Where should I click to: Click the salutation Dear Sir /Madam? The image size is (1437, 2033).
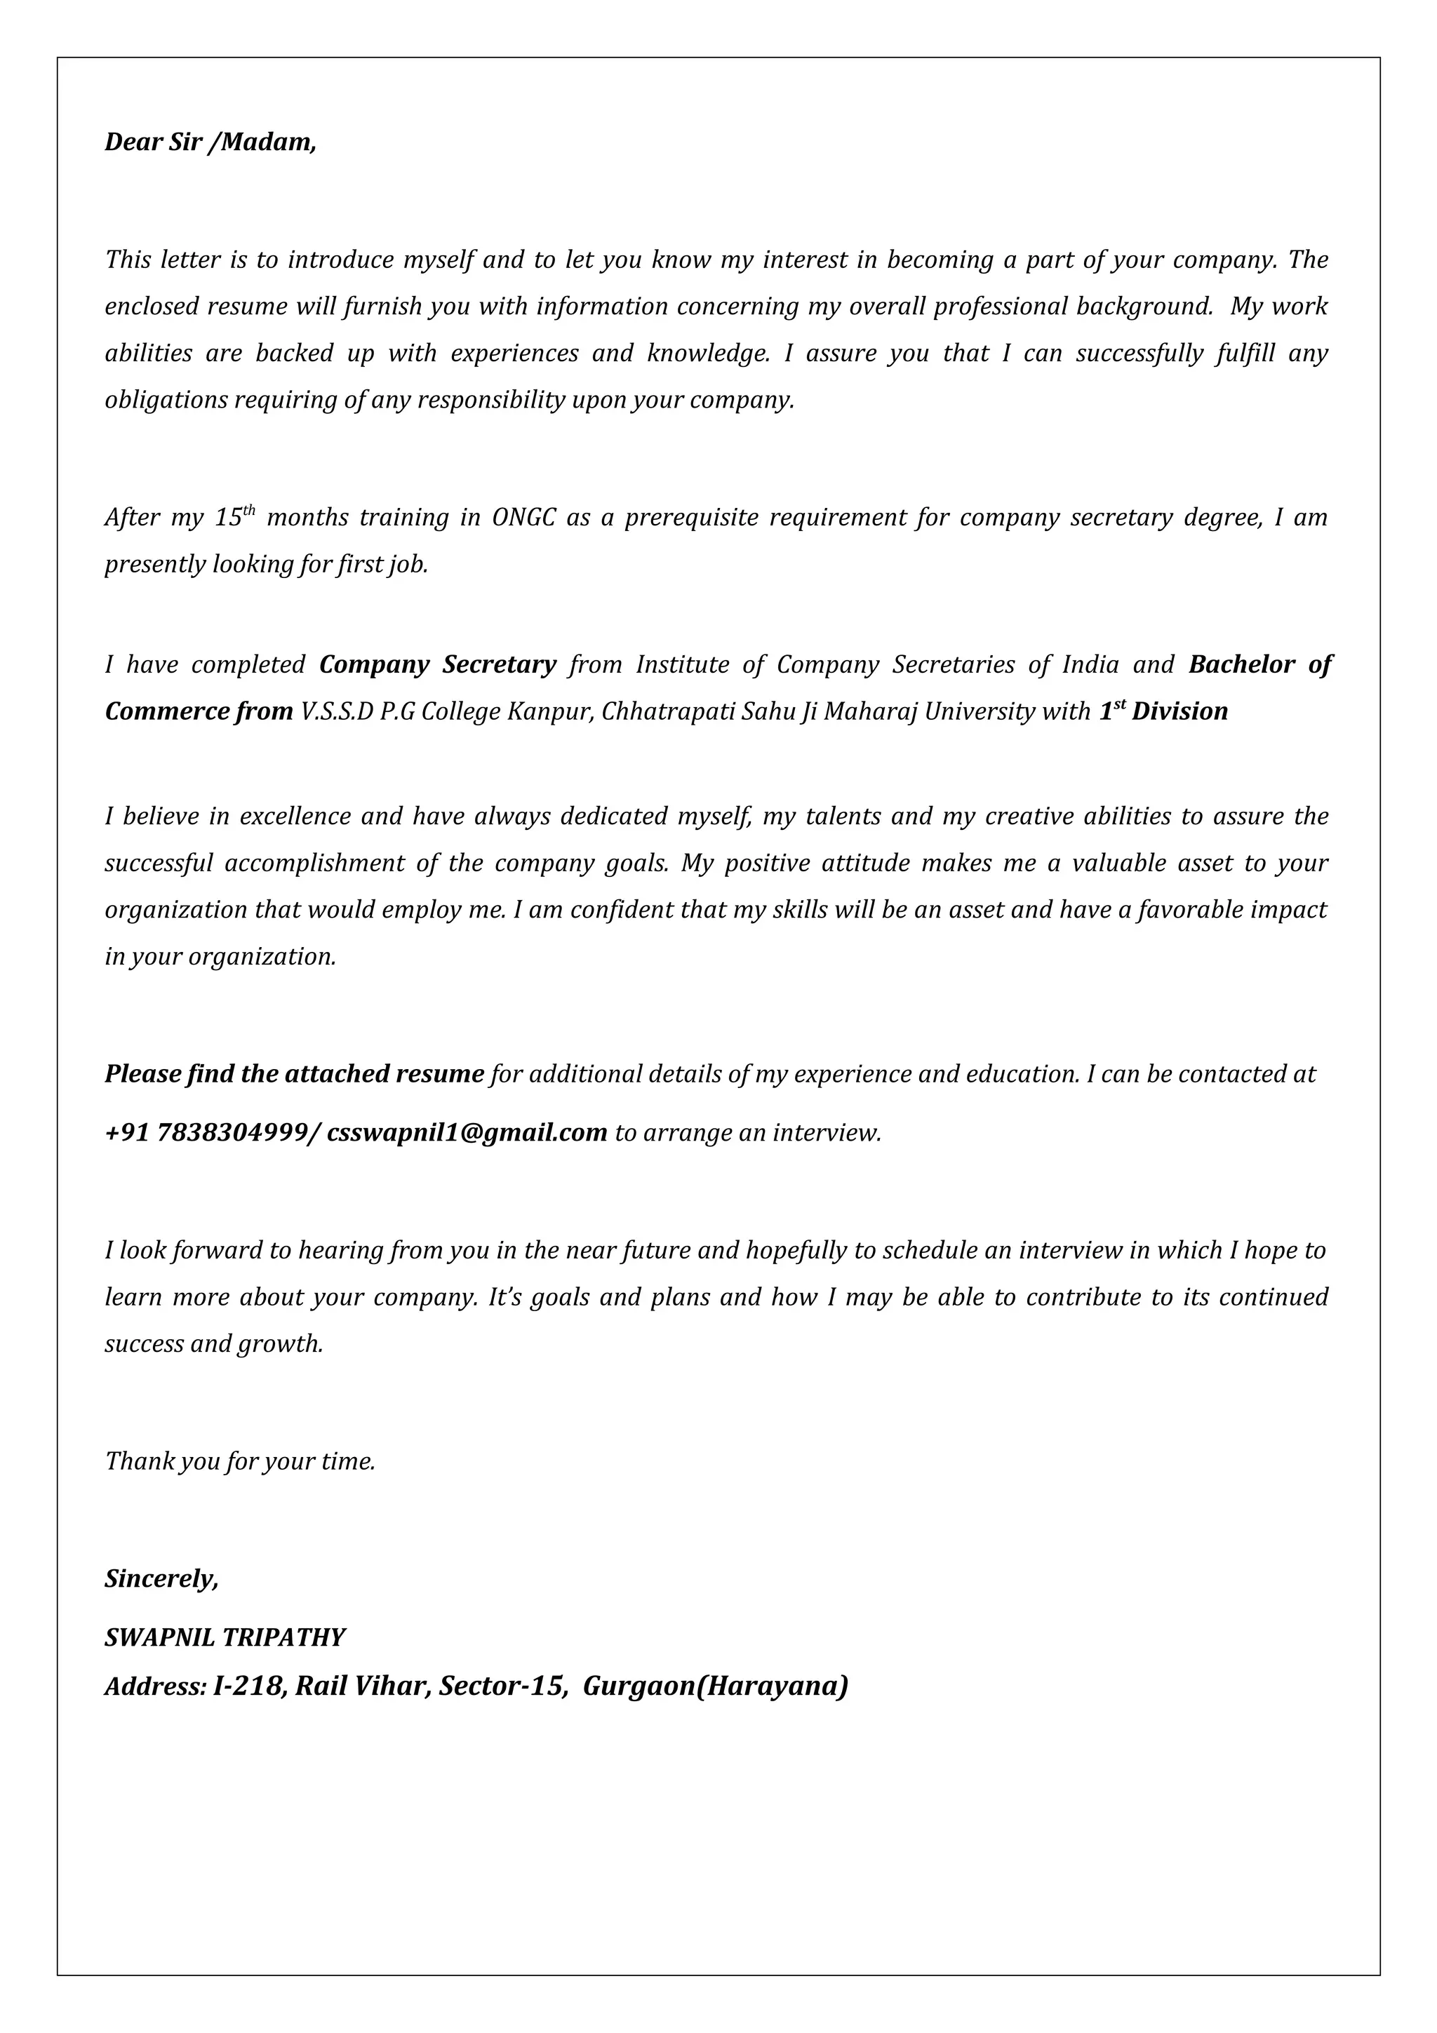pos(210,142)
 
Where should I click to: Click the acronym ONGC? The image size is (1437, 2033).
pos(523,518)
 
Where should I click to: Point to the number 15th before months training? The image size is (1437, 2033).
pos(234,517)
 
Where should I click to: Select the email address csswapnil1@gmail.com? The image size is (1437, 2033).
pos(467,1132)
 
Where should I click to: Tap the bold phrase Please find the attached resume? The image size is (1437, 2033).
pos(294,1074)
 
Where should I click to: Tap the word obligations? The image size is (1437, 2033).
pos(166,401)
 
